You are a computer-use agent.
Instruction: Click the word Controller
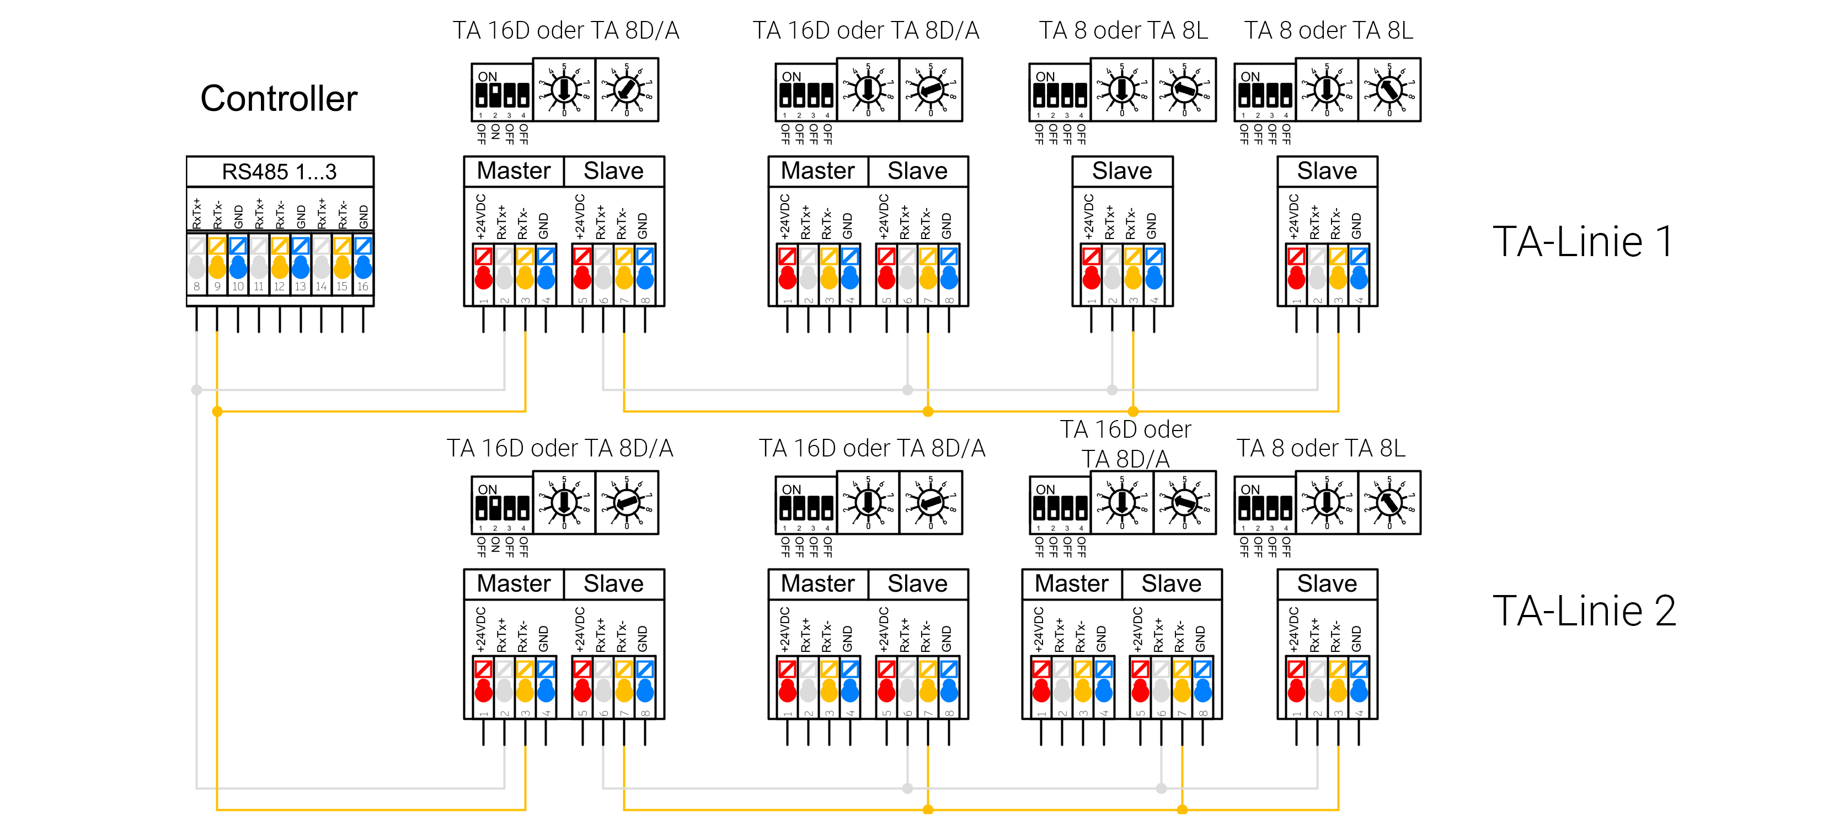pos(279,98)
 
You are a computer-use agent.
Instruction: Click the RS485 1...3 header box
pos(280,171)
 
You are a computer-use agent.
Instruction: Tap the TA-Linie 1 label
pos(1583,241)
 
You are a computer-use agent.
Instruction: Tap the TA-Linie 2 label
pos(1584,611)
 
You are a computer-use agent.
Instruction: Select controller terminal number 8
pos(197,286)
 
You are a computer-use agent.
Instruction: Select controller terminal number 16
pos(363,286)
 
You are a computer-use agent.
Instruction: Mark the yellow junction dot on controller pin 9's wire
pos(217,411)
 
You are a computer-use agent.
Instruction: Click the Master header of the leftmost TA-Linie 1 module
pos(513,171)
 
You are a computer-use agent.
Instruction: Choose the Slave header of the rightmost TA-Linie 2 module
pos(1327,584)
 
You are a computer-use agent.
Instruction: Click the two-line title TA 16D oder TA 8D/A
pos(1125,444)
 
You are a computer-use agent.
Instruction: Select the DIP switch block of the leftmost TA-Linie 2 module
pos(502,504)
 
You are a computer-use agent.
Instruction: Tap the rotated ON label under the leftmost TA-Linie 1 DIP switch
pos(495,132)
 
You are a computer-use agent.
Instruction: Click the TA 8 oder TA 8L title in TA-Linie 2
pos(1321,448)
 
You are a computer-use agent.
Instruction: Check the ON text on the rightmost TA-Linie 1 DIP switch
pos(1250,77)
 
